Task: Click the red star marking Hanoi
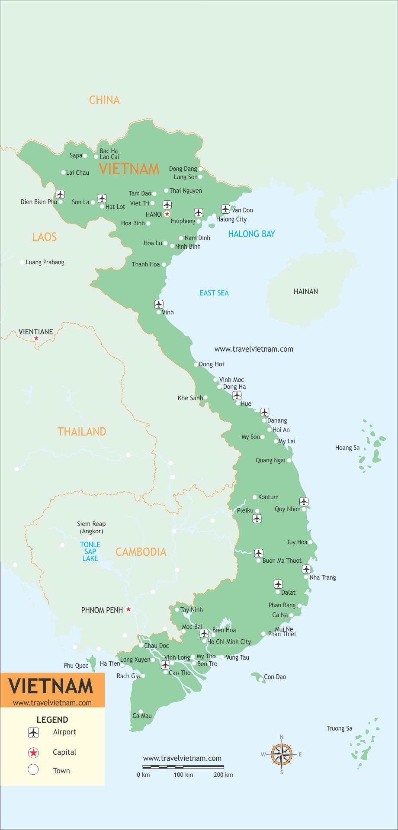(167, 214)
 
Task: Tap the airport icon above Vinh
(159, 304)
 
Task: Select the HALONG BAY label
(251, 234)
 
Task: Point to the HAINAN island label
(305, 292)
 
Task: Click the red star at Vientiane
(36, 339)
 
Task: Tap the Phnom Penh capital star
(128, 609)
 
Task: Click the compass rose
(282, 754)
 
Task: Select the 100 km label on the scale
(183, 775)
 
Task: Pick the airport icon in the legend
(33, 732)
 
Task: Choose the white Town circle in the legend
(33, 769)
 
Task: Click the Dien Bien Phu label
(39, 202)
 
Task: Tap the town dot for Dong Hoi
(196, 365)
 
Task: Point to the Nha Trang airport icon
(306, 569)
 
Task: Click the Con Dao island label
(275, 677)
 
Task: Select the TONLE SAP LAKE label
(90, 551)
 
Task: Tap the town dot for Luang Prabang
(22, 263)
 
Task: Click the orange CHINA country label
(104, 100)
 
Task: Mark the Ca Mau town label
(142, 716)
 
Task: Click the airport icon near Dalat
(278, 584)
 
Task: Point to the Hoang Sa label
(347, 448)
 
